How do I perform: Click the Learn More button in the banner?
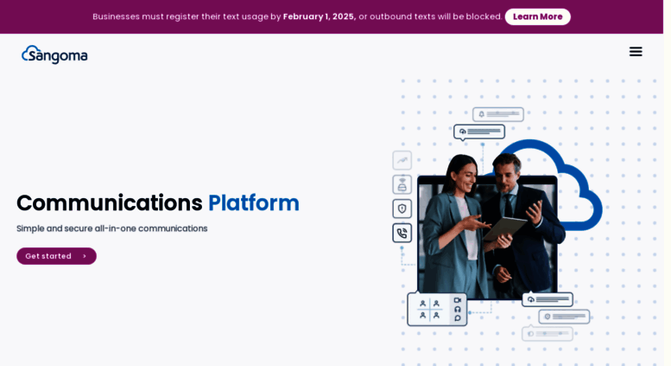pyautogui.click(x=537, y=16)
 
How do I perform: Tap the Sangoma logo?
pyautogui.click(x=54, y=55)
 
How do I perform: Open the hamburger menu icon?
pyautogui.click(x=636, y=52)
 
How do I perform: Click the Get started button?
pyautogui.click(x=56, y=256)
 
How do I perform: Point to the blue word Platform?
pyautogui.click(x=254, y=203)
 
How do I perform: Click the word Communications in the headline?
pyautogui.click(x=110, y=203)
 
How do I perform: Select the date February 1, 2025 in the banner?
pyautogui.click(x=320, y=16)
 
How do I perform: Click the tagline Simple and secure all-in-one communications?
pyautogui.click(x=112, y=228)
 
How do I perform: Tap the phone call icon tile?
pyautogui.click(x=402, y=233)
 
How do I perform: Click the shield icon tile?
pyautogui.click(x=402, y=209)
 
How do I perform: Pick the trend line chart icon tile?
pyautogui.click(x=402, y=160)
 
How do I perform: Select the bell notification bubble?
pyautogui.click(x=498, y=114)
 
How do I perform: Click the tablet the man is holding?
pyautogui.click(x=505, y=228)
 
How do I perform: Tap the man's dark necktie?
pyautogui.click(x=509, y=205)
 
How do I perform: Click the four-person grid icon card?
pyautogui.click(x=429, y=310)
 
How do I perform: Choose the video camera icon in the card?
pyautogui.click(x=458, y=300)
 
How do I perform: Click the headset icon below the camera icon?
pyautogui.click(x=458, y=309)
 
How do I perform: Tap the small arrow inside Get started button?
pyautogui.click(x=85, y=256)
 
